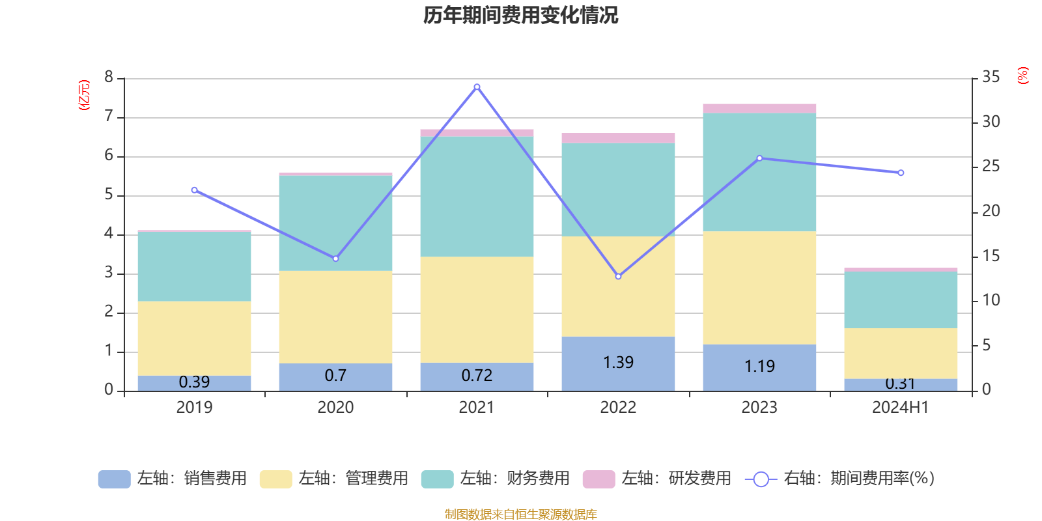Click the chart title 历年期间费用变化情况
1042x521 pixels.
520,15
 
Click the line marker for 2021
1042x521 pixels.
477,87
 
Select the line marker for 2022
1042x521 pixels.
618,276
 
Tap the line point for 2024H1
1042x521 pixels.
901,173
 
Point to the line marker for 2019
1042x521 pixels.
194,190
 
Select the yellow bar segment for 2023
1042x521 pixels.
759,288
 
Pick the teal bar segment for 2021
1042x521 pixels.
477,196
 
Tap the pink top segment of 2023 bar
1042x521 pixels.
759,108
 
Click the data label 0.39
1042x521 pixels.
194,382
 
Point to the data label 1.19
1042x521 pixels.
759,367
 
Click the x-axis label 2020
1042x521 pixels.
335,408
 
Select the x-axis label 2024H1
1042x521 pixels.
901,408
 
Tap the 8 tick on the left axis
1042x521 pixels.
109,77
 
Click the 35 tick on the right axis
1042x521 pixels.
991,77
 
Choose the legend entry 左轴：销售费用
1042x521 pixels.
173,479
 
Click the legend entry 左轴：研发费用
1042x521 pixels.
657,479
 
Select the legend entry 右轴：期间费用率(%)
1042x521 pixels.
840,479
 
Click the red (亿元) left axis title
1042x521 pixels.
84,95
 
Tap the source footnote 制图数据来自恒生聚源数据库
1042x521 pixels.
520,514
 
